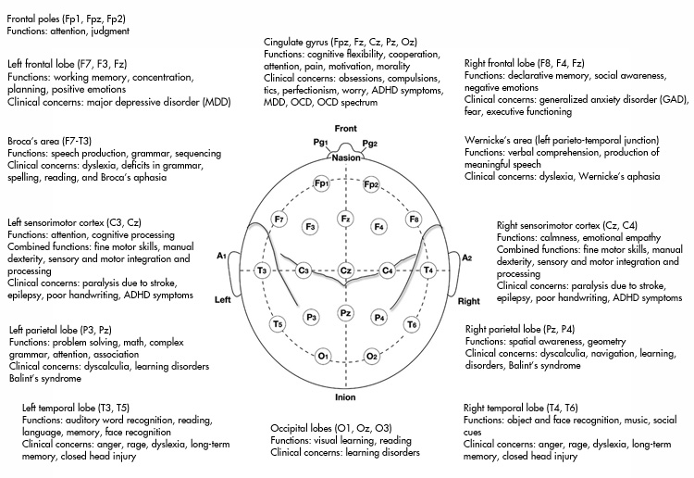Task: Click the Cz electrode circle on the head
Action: pyautogui.click(x=345, y=270)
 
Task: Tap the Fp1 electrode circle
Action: pyautogui.click(x=320, y=183)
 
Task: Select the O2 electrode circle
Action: pyautogui.click(x=371, y=356)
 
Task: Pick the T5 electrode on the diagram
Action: pyautogui.click(x=278, y=324)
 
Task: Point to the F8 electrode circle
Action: pyautogui.click(x=414, y=219)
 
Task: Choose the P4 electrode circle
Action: pyautogui.click(x=378, y=318)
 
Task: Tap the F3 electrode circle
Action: pyautogui.click(x=311, y=226)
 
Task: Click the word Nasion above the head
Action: pyautogui.click(x=345, y=158)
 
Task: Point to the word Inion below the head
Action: pyautogui.click(x=345, y=397)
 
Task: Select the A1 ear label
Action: pyautogui.click(x=222, y=256)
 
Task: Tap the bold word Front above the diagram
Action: pyautogui.click(x=345, y=127)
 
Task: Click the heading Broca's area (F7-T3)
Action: pyautogui.click(x=55, y=141)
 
